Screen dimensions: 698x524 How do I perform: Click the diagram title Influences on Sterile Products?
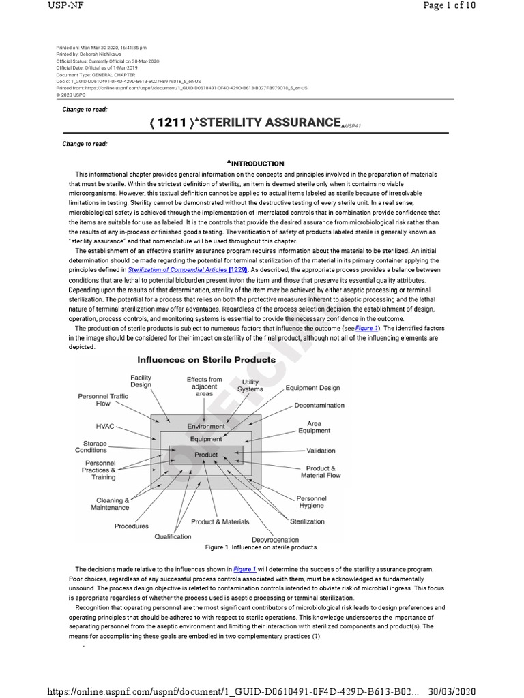207,359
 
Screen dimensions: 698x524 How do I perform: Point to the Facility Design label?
141,380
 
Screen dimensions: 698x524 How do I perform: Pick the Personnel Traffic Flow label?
103,399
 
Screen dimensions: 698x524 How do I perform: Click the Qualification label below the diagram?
173,536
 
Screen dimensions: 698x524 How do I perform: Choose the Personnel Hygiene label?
310,502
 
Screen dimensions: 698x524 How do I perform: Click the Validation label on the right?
320,451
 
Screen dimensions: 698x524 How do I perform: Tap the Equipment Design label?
312,388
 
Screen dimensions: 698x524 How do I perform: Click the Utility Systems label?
250,386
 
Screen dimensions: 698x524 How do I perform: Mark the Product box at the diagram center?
206,455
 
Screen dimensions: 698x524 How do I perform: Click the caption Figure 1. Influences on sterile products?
261,547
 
